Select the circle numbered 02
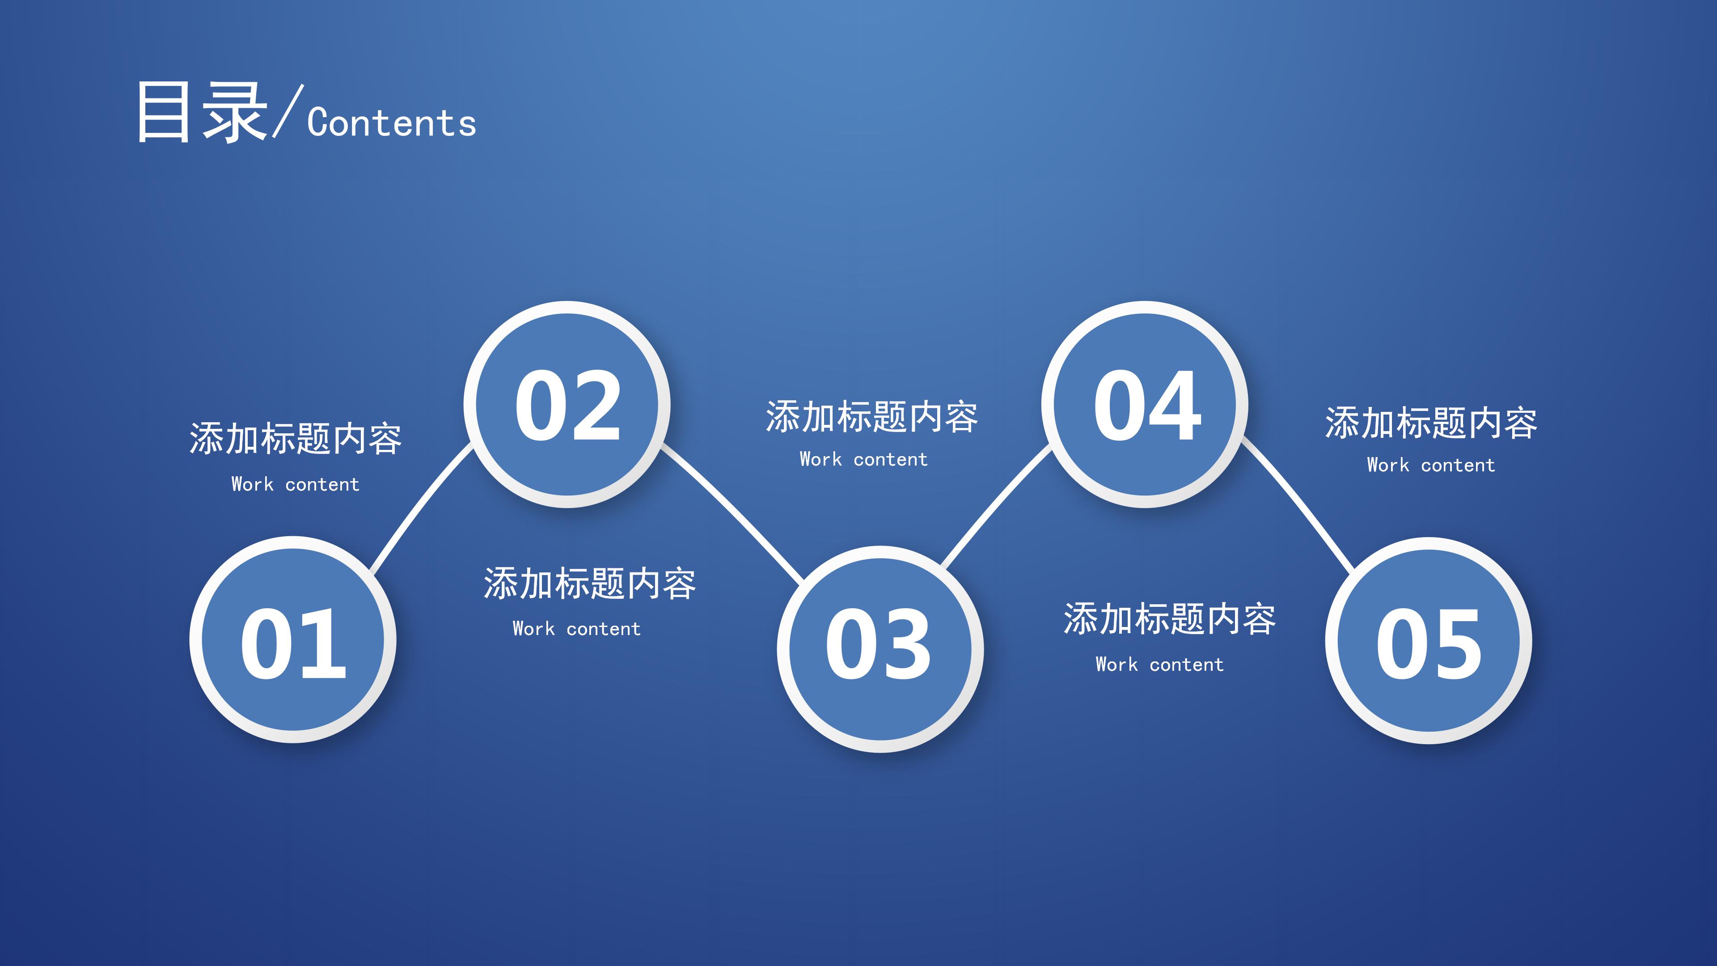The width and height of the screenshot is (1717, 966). (567, 405)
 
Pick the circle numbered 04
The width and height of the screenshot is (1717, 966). (1145, 405)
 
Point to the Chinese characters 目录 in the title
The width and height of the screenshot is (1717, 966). (201, 112)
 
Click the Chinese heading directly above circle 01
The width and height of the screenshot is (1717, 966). (295, 439)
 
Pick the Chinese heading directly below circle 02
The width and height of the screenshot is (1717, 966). (589, 584)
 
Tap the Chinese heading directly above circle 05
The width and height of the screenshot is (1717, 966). (1431, 424)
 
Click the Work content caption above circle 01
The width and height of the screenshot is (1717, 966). (295, 485)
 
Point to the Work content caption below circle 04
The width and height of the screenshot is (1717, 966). (1160, 665)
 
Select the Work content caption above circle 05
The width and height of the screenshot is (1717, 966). (1431, 465)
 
